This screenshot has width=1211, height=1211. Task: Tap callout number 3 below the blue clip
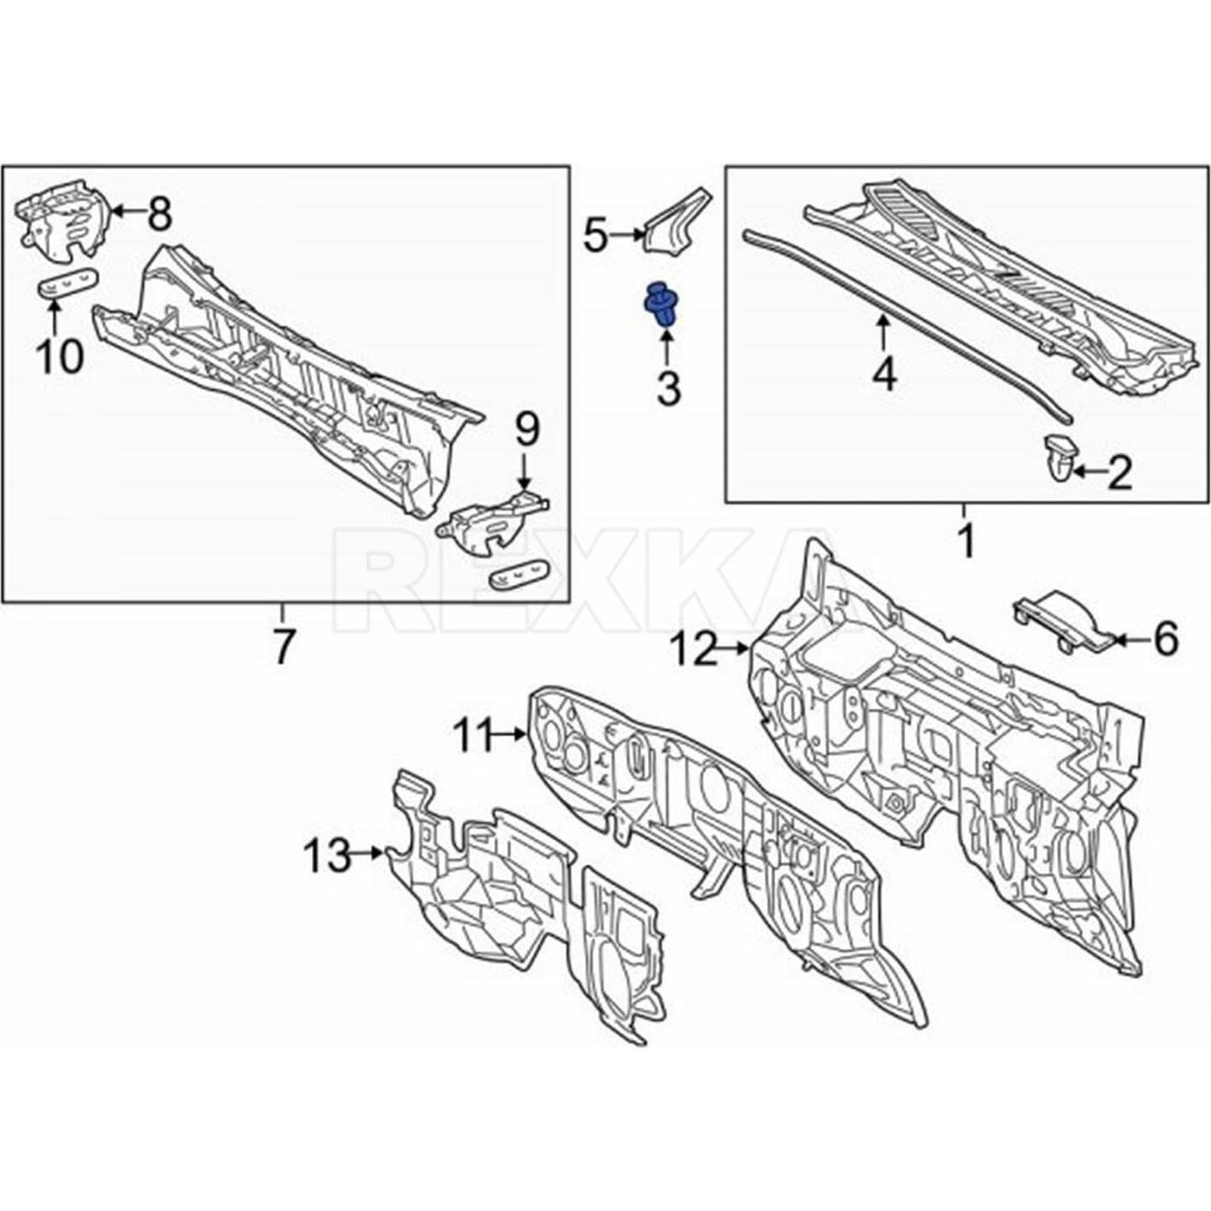(x=668, y=389)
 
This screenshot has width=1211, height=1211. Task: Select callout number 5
(x=595, y=235)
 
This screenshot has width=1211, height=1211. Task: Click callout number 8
(x=159, y=214)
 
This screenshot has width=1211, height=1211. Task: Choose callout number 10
(x=60, y=356)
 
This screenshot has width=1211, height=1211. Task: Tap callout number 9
(x=527, y=429)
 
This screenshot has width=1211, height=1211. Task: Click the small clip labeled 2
(x=1059, y=457)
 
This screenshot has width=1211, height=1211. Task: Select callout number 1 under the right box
(x=964, y=541)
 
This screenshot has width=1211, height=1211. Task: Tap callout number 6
(x=1166, y=639)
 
